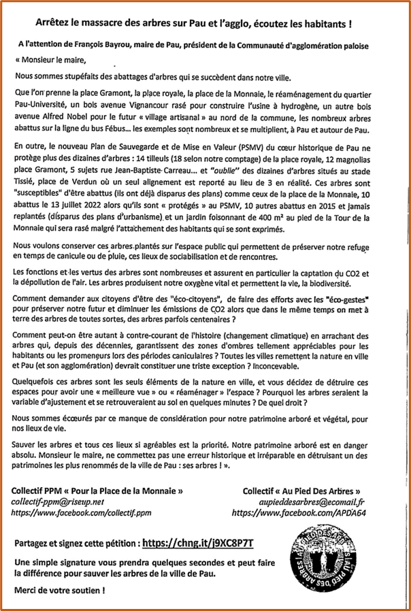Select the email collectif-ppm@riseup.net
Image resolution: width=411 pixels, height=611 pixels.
pos(58,499)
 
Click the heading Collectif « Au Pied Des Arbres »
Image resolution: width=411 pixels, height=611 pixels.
pos(301,489)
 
